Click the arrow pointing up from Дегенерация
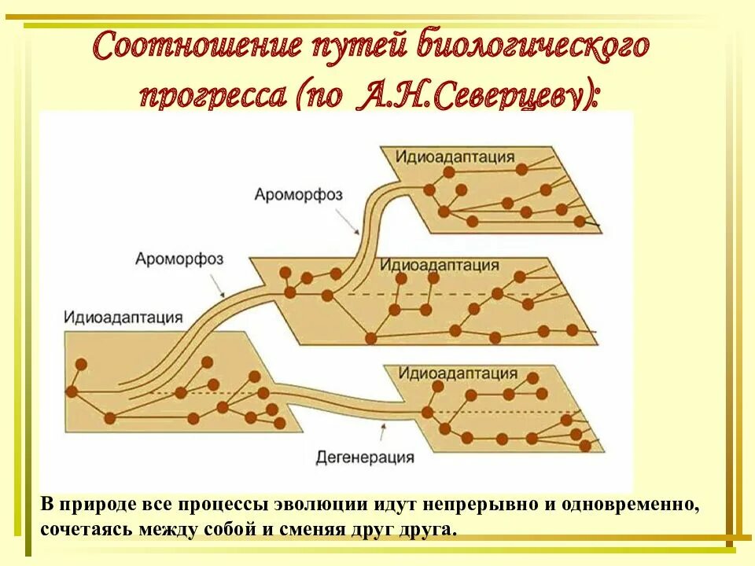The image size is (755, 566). (382, 431)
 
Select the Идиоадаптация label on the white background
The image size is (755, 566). (123, 318)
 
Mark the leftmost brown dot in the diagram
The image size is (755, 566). (72, 391)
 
